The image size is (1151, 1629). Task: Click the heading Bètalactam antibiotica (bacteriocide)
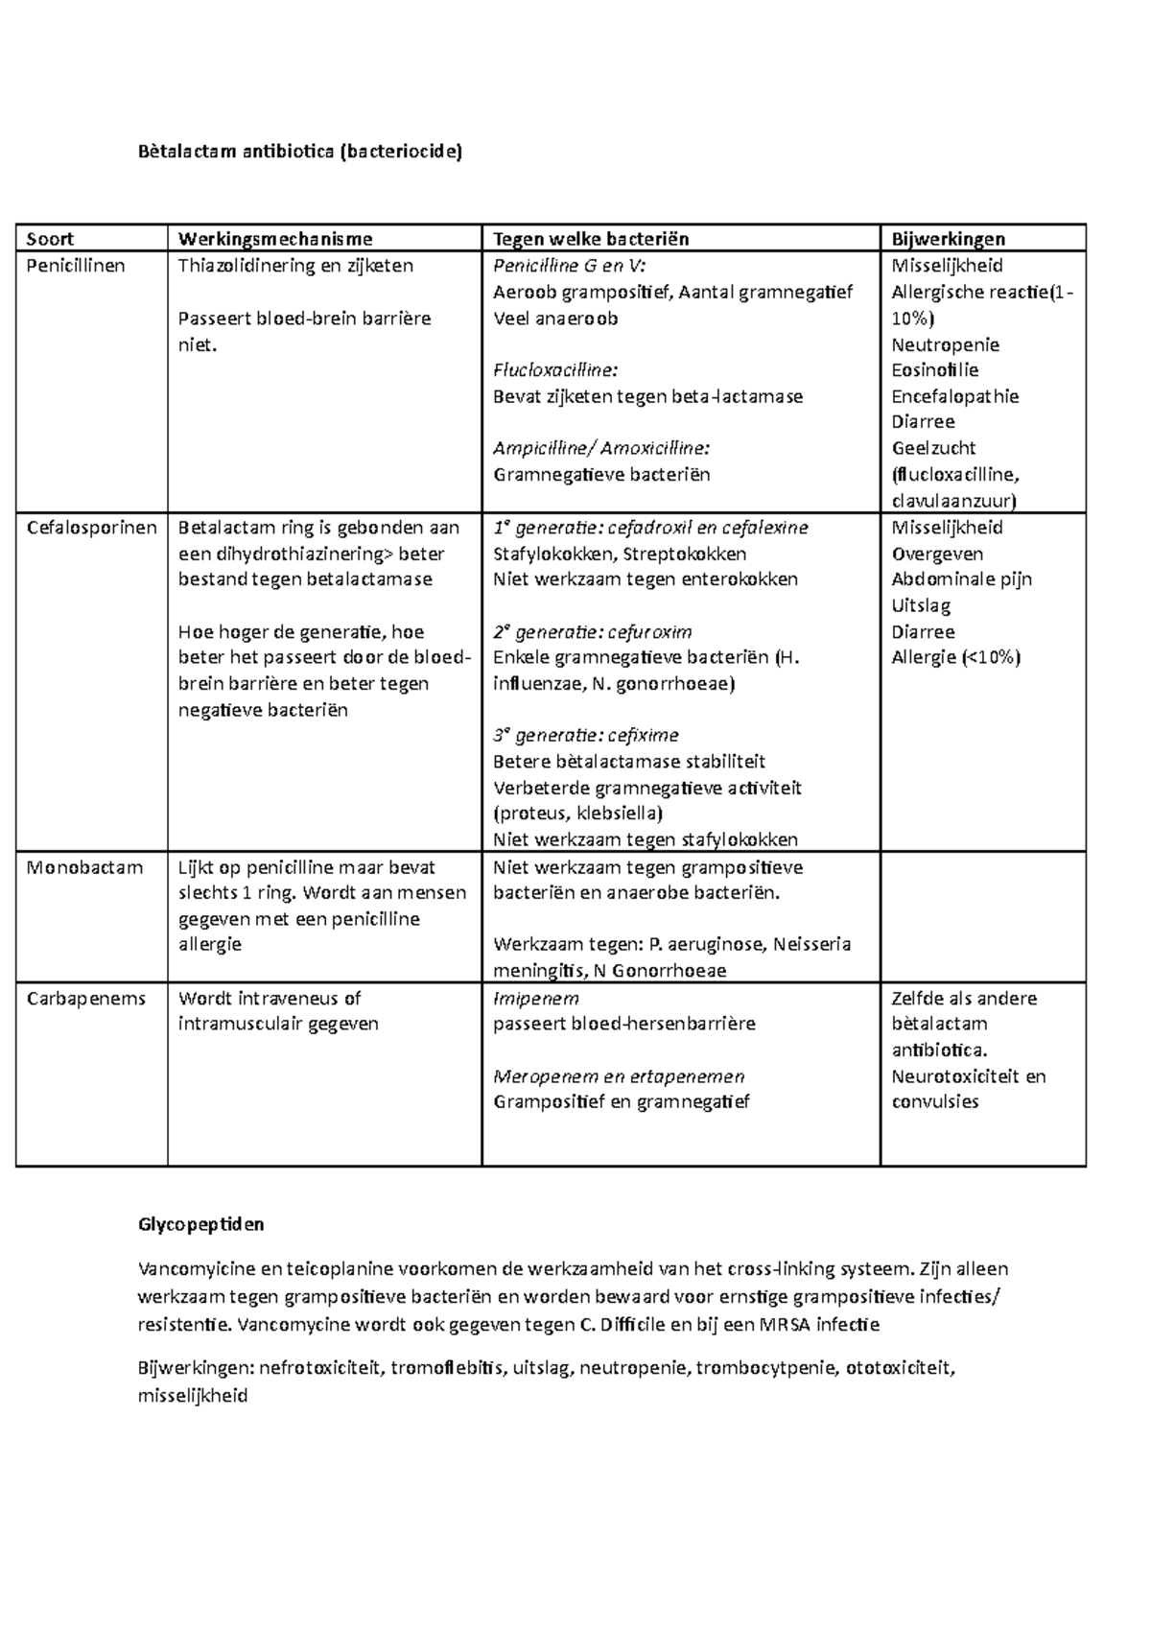(x=300, y=151)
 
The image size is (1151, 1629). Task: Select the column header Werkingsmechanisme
(x=275, y=239)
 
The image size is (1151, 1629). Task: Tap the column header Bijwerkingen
(x=948, y=239)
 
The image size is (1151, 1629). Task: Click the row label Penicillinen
(x=76, y=266)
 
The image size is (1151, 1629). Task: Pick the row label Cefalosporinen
(x=92, y=528)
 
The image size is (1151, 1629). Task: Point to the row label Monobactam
(x=84, y=867)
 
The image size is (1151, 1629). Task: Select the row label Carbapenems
(x=86, y=998)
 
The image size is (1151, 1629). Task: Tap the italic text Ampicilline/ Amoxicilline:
(x=601, y=448)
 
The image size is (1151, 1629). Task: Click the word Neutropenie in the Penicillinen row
(x=945, y=344)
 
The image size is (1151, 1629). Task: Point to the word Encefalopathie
(x=954, y=396)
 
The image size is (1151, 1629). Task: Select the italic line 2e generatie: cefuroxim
(x=592, y=632)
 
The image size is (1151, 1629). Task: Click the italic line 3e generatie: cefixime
(x=585, y=736)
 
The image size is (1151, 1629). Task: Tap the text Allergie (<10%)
(x=955, y=657)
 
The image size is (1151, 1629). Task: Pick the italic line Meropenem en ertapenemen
(x=619, y=1076)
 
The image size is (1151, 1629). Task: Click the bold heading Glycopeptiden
(x=200, y=1224)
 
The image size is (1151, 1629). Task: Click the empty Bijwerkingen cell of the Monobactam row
(x=982, y=916)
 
